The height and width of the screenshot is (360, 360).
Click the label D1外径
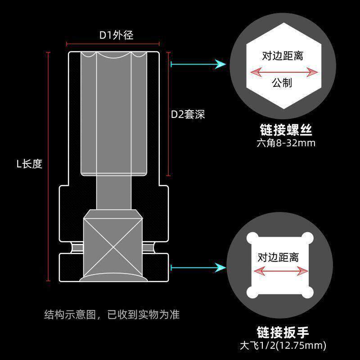coord(116,35)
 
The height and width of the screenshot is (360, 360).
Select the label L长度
coord(29,164)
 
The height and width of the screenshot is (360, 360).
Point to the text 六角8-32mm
coord(286,144)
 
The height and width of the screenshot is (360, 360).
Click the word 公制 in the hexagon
coord(282,83)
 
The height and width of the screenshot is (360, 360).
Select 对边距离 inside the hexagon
coord(282,56)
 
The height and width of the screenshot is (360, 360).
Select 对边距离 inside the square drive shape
coord(278,257)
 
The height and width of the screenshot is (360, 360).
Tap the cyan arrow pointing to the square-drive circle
coord(198,267)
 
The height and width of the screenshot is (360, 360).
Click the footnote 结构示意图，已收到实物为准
coord(112,314)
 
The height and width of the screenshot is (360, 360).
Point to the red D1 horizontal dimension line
coord(113,44)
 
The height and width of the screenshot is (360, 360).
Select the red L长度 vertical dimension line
coord(48,166)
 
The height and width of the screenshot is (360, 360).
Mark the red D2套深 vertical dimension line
coord(168,114)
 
